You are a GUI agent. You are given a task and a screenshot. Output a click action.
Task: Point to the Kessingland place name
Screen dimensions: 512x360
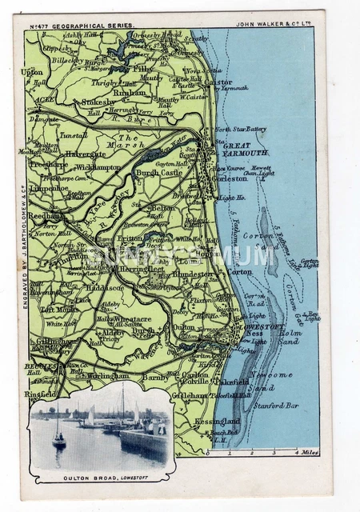point(217,421)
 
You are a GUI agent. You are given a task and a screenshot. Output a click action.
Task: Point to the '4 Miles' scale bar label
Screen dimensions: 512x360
point(308,453)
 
